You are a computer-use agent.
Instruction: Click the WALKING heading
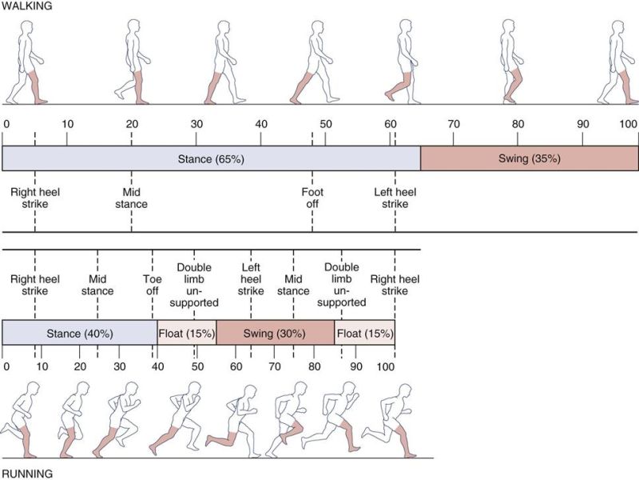(x=26, y=6)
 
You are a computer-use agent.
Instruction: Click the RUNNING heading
(x=26, y=473)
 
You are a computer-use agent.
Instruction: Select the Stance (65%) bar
(x=211, y=158)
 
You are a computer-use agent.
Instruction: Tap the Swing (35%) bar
(x=529, y=158)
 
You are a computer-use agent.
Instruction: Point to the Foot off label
(x=312, y=198)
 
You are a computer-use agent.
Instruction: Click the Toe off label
(x=152, y=286)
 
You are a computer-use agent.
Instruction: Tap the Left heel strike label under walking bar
(x=395, y=198)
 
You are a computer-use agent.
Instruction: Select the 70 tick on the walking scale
(x=453, y=125)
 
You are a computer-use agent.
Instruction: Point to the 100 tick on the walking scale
(x=629, y=125)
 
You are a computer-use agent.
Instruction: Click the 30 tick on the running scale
(x=118, y=366)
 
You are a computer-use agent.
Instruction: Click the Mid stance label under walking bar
(x=132, y=198)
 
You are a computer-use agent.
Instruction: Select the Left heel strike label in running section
(x=251, y=279)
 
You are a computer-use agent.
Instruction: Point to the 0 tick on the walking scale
(x=6, y=125)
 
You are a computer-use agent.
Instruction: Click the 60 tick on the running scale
(x=236, y=366)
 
